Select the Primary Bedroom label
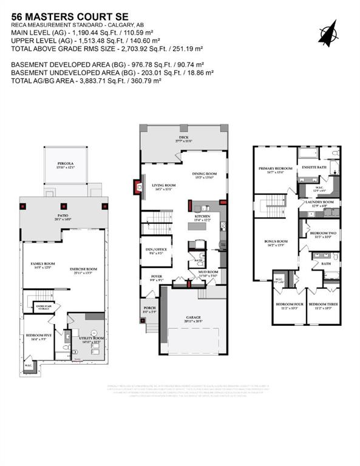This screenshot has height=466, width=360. (272, 170)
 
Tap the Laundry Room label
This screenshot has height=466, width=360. (319, 203)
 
